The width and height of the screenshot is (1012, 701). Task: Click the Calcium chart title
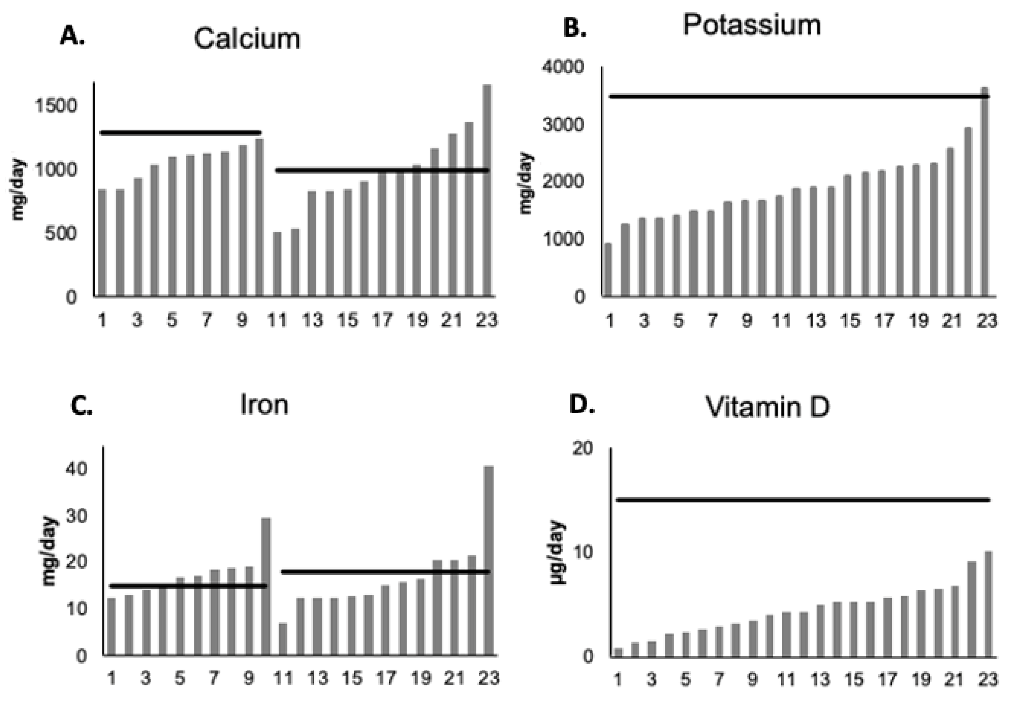(x=247, y=39)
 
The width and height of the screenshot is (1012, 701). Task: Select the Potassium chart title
(x=752, y=25)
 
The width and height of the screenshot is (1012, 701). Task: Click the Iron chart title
(x=264, y=404)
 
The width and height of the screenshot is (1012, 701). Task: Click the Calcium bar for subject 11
(x=277, y=264)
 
